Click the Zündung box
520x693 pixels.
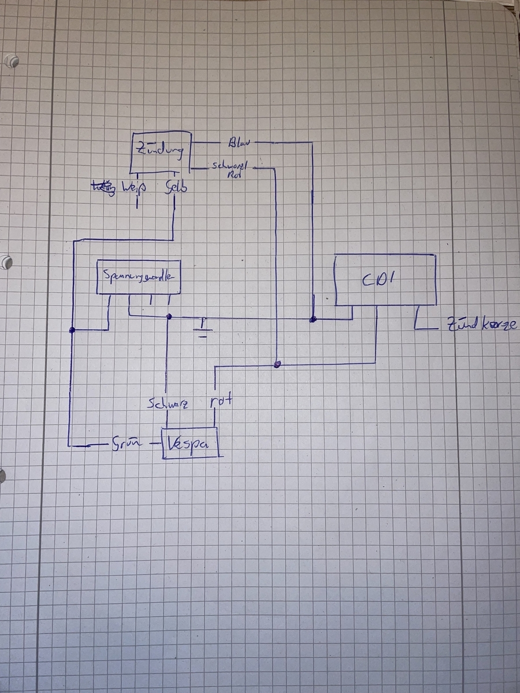click(160, 152)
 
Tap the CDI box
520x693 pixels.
click(386, 280)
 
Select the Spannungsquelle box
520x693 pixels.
click(138, 277)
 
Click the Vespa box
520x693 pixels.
click(190, 444)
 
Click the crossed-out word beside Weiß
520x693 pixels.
click(104, 187)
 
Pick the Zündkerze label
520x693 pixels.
click(478, 327)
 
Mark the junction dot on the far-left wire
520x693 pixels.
click(72, 330)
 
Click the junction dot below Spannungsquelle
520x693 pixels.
click(169, 316)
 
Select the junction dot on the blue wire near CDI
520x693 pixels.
click(313, 319)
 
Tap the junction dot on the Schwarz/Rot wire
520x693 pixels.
click(277, 365)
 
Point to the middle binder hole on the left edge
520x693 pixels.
click(6, 262)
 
